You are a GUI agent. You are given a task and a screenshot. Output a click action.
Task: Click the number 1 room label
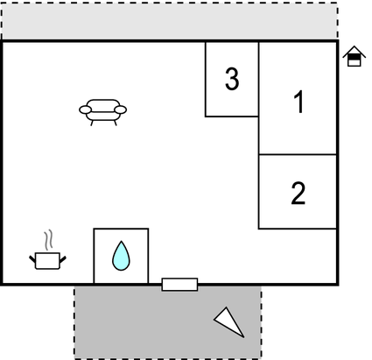click(299, 102)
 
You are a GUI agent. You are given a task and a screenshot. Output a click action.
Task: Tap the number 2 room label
click(298, 193)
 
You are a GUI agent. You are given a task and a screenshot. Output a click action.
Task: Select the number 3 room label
click(232, 79)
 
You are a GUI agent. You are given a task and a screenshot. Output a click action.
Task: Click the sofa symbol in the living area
click(102, 112)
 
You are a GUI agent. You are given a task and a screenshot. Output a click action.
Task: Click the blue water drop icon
click(121, 256)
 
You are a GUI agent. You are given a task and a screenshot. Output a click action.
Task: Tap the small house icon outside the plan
click(354, 56)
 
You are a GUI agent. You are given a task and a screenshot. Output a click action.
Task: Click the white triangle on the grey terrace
click(229, 321)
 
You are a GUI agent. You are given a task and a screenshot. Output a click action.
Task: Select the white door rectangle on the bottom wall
click(179, 285)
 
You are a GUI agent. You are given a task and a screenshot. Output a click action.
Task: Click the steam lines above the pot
click(49, 240)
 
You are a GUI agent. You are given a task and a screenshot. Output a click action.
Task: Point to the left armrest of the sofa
click(86, 109)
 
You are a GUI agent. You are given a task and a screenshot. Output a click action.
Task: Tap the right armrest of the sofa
click(120, 109)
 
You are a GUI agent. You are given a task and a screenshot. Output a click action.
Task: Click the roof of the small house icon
click(354, 52)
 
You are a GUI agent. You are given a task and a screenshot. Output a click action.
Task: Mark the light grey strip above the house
click(170, 21)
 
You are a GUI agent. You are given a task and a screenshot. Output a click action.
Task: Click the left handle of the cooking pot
click(32, 258)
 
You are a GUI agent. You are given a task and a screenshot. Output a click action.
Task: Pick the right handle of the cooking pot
click(63, 259)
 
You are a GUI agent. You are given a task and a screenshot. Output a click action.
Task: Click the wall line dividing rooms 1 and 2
click(298, 154)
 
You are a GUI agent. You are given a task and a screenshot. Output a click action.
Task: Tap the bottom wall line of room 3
click(232, 116)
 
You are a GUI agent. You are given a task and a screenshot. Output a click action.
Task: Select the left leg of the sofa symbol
click(92, 123)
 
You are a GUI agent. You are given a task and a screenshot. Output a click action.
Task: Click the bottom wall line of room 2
click(298, 229)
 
